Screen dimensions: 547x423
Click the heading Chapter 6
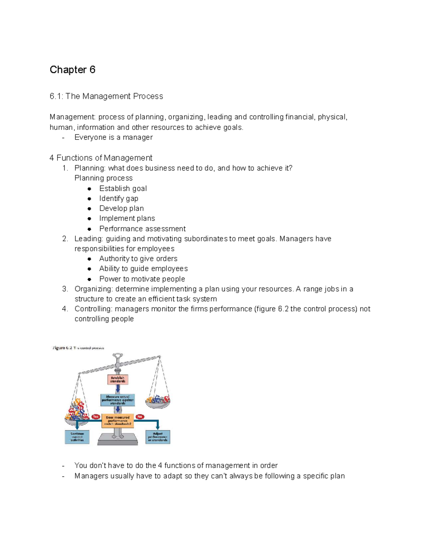tap(72, 70)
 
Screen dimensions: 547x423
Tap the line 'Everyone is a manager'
tap(113, 137)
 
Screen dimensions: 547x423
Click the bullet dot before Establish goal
tap(90, 189)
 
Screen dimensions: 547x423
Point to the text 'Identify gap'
tap(118, 198)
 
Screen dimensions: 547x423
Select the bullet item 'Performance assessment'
tap(142, 229)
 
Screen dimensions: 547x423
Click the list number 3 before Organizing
tap(65, 289)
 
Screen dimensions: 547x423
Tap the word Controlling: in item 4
tap(93, 309)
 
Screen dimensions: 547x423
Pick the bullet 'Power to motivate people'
tap(142, 279)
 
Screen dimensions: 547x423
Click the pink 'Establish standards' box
tap(118, 379)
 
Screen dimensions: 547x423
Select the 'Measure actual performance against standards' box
tap(118, 400)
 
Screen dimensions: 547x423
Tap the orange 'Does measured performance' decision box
tap(118, 421)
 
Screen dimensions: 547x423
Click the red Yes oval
tap(96, 417)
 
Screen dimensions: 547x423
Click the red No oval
tap(140, 417)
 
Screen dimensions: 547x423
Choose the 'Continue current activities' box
tap(77, 437)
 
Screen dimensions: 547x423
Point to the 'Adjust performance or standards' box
tap(158, 437)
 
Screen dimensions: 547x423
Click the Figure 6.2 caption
tap(78, 348)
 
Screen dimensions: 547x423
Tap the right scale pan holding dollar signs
tap(158, 402)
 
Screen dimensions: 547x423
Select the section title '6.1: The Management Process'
tap(106, 96)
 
